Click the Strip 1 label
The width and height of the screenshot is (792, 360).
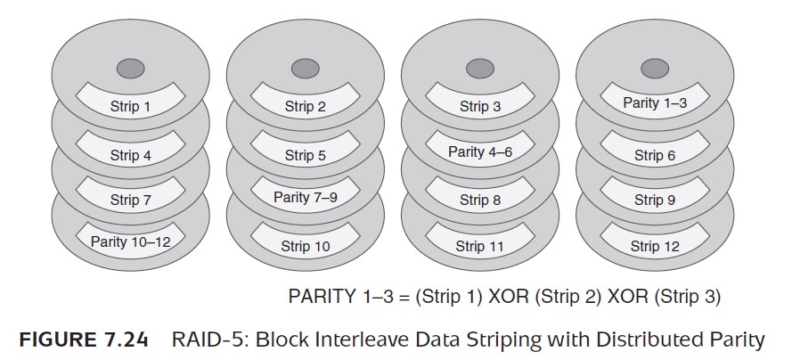(x=130, y=107)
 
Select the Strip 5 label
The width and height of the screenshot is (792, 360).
(x=305, y=156)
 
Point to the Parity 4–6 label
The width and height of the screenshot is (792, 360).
(x=480, y=151)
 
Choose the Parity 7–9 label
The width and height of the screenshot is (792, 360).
(x=305, y=196)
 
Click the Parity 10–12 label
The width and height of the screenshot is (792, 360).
(x=130, y=241)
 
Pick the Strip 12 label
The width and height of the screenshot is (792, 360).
(x=655, y=247)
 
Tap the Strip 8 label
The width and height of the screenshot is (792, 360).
(x=480, y=200)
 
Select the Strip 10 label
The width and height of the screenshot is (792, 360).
(x=305, y=247)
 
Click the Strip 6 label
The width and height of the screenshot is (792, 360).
(x=655, y=156)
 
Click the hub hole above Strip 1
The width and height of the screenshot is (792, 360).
(x=130, y=69)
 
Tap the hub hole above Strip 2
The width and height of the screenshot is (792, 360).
(x=305, y=69)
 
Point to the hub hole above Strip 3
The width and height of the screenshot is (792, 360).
(x=480, y=69)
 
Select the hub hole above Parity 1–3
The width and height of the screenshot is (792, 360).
(x=655, y=69)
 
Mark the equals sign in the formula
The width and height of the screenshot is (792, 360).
(x=403, y=297)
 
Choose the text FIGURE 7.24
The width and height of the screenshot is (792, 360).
(x=84, y=340)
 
